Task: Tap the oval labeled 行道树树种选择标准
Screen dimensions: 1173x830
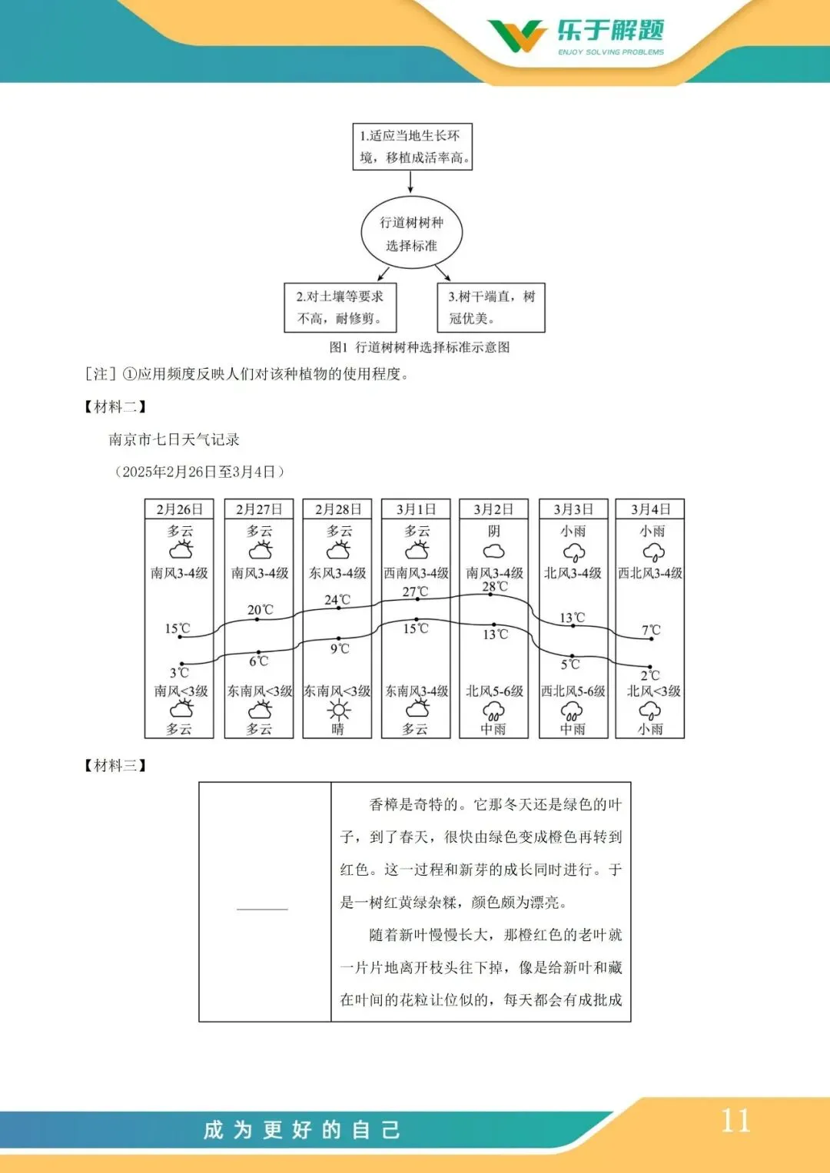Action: [411, 234]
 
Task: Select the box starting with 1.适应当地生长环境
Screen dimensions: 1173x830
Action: [412, 147]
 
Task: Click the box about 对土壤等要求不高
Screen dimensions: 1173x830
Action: [340, 307]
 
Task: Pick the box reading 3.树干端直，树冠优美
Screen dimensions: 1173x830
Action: [491, 307]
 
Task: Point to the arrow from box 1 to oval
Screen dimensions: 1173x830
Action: [410, 181]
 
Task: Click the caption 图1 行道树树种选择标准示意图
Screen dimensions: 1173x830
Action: [419, 347]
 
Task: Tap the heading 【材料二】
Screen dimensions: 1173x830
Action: [115, 406]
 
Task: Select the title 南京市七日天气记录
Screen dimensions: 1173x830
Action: [174, 439]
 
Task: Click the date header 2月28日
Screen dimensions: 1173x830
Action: [338, 509]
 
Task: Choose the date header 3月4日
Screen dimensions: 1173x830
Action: [650, 509]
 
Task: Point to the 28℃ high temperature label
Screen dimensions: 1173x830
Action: [495, 586]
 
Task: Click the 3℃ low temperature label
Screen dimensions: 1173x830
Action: [179, 673]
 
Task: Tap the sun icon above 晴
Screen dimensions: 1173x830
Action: [338, 710]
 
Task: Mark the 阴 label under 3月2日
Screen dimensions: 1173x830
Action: [493, 531]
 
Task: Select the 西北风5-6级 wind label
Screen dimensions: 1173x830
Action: [573, 691]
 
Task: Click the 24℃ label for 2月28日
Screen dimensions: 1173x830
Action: [337, 600]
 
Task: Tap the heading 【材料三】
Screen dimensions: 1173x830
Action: [115, 765]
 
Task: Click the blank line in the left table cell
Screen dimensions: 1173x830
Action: [262, 909]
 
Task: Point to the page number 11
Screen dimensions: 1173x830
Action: [735, 1122]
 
